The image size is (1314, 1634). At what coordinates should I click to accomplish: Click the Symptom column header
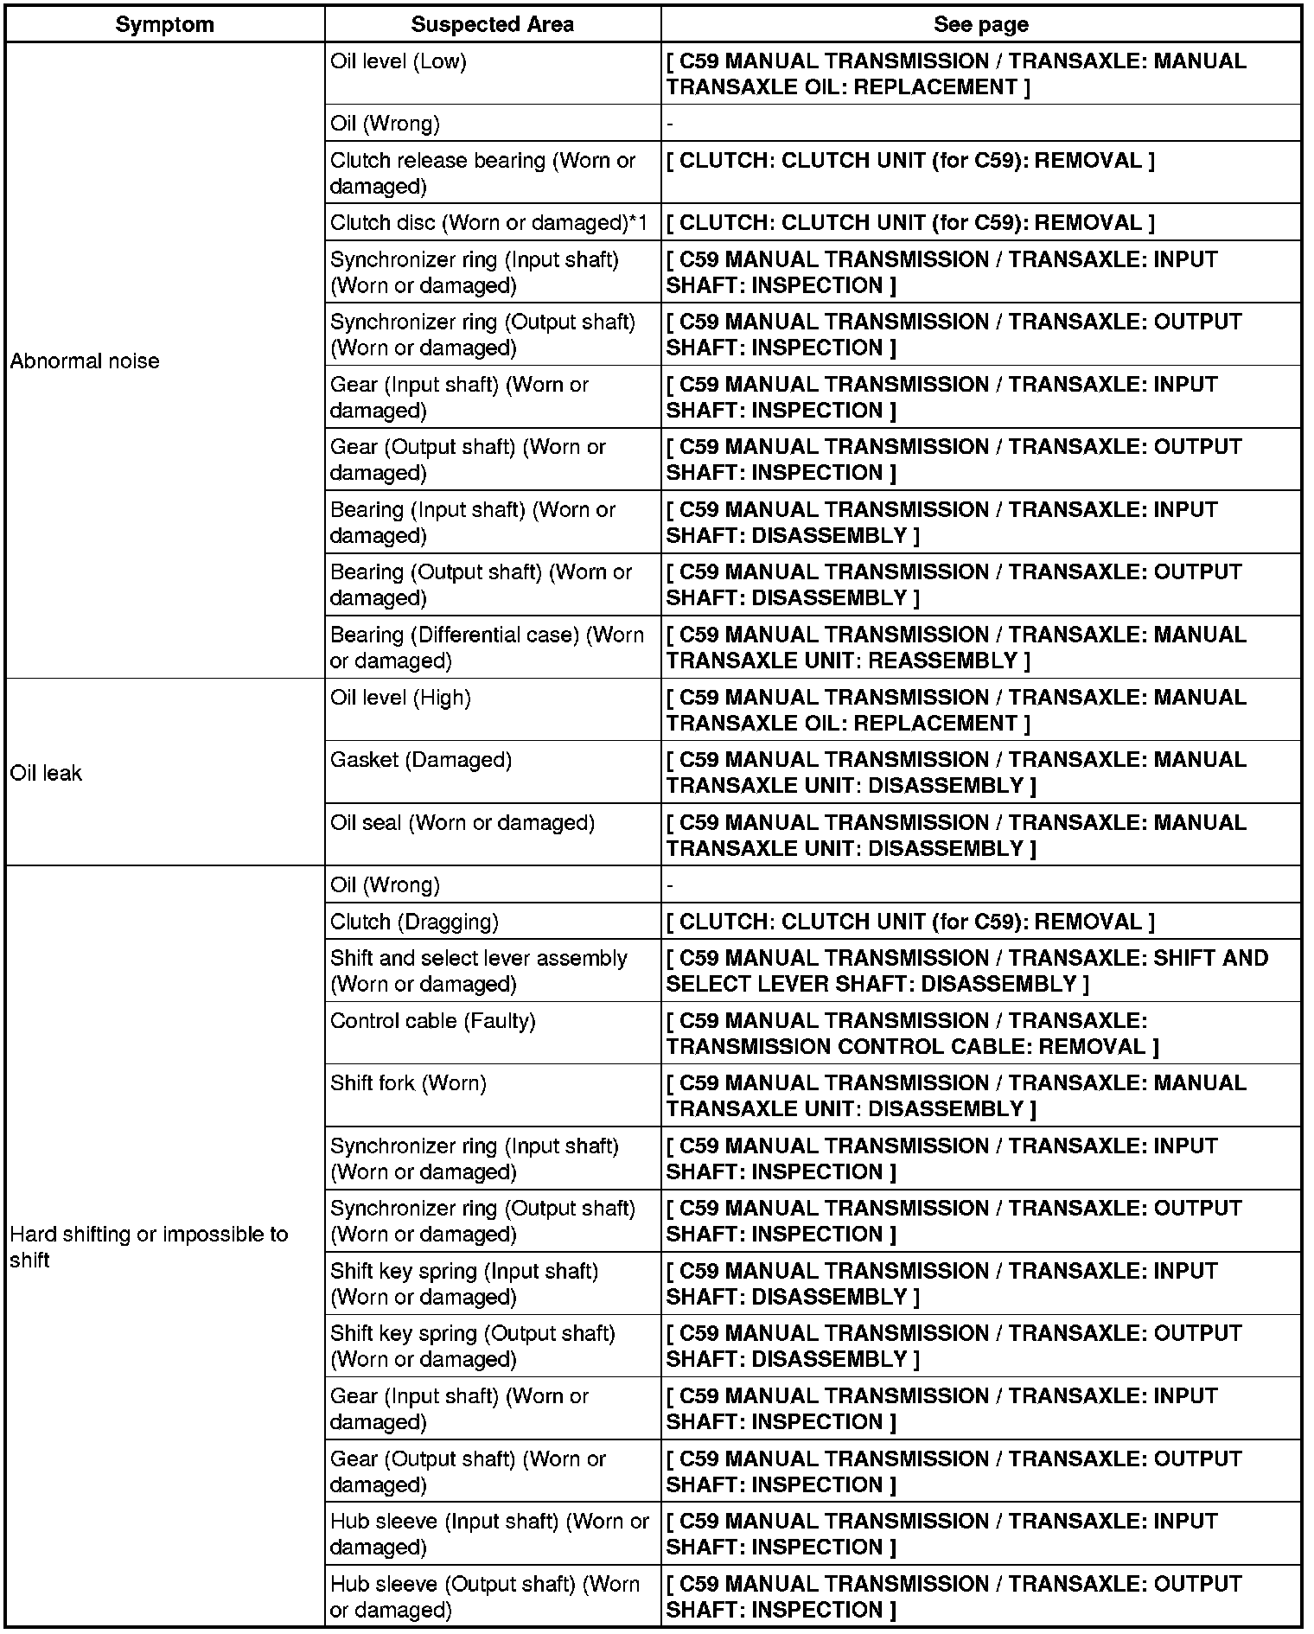coord(164,24)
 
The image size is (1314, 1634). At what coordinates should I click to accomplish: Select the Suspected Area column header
coord(492,24)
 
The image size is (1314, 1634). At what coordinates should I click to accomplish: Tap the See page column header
coord(980,24)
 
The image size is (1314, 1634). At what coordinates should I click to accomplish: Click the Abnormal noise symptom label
coord(85,361)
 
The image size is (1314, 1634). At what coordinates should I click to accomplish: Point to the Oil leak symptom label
coord(46,773)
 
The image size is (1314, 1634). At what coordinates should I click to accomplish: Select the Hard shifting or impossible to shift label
coord(149,1247)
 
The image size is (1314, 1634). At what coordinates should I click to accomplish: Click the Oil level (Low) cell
coord(399,61)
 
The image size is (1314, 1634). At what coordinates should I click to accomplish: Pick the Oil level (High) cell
coord(400,698)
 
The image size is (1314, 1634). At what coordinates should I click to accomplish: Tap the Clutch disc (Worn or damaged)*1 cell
coord(488,223)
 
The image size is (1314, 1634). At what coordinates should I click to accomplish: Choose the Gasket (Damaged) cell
coord(421,760)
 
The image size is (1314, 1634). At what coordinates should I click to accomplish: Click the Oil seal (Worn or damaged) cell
coord(462,823)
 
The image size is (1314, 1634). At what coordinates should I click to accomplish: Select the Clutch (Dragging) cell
coord(414,922)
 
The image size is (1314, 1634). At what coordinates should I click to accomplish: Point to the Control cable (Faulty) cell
coord(433,1021)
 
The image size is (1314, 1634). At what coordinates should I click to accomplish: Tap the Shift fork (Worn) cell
coord(408,1083)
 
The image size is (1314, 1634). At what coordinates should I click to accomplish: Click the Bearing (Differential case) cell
coord(487,648)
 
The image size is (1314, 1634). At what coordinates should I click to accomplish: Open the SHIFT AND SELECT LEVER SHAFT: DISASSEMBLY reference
coord(966,971)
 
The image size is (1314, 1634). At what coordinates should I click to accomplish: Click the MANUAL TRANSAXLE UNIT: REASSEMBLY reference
coord(955,648)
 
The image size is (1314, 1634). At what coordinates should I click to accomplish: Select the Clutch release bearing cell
coord(482,173)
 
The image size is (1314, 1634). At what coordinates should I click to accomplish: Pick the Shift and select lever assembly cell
coord(478,971)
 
